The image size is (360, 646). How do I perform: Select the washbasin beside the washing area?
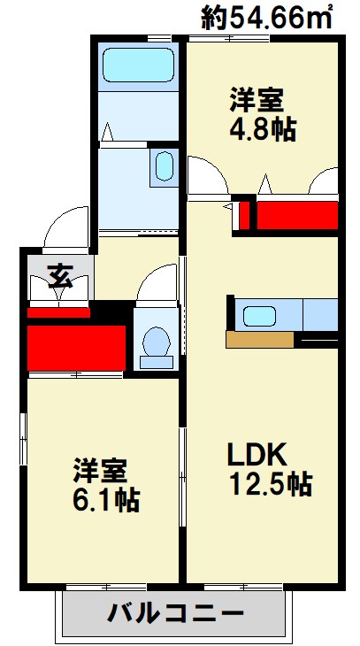point(165,165)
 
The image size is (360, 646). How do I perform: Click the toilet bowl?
point(157,343)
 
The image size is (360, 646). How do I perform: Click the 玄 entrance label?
point(59,276)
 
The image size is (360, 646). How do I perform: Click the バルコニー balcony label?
point(176,612)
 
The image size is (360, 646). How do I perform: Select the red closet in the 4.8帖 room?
point(296,215)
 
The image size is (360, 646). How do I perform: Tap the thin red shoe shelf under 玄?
point(58,311)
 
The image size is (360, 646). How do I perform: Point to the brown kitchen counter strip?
point(259,339)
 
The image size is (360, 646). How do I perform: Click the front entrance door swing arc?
point(66,228)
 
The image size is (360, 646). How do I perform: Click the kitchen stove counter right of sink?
point(320,315)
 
